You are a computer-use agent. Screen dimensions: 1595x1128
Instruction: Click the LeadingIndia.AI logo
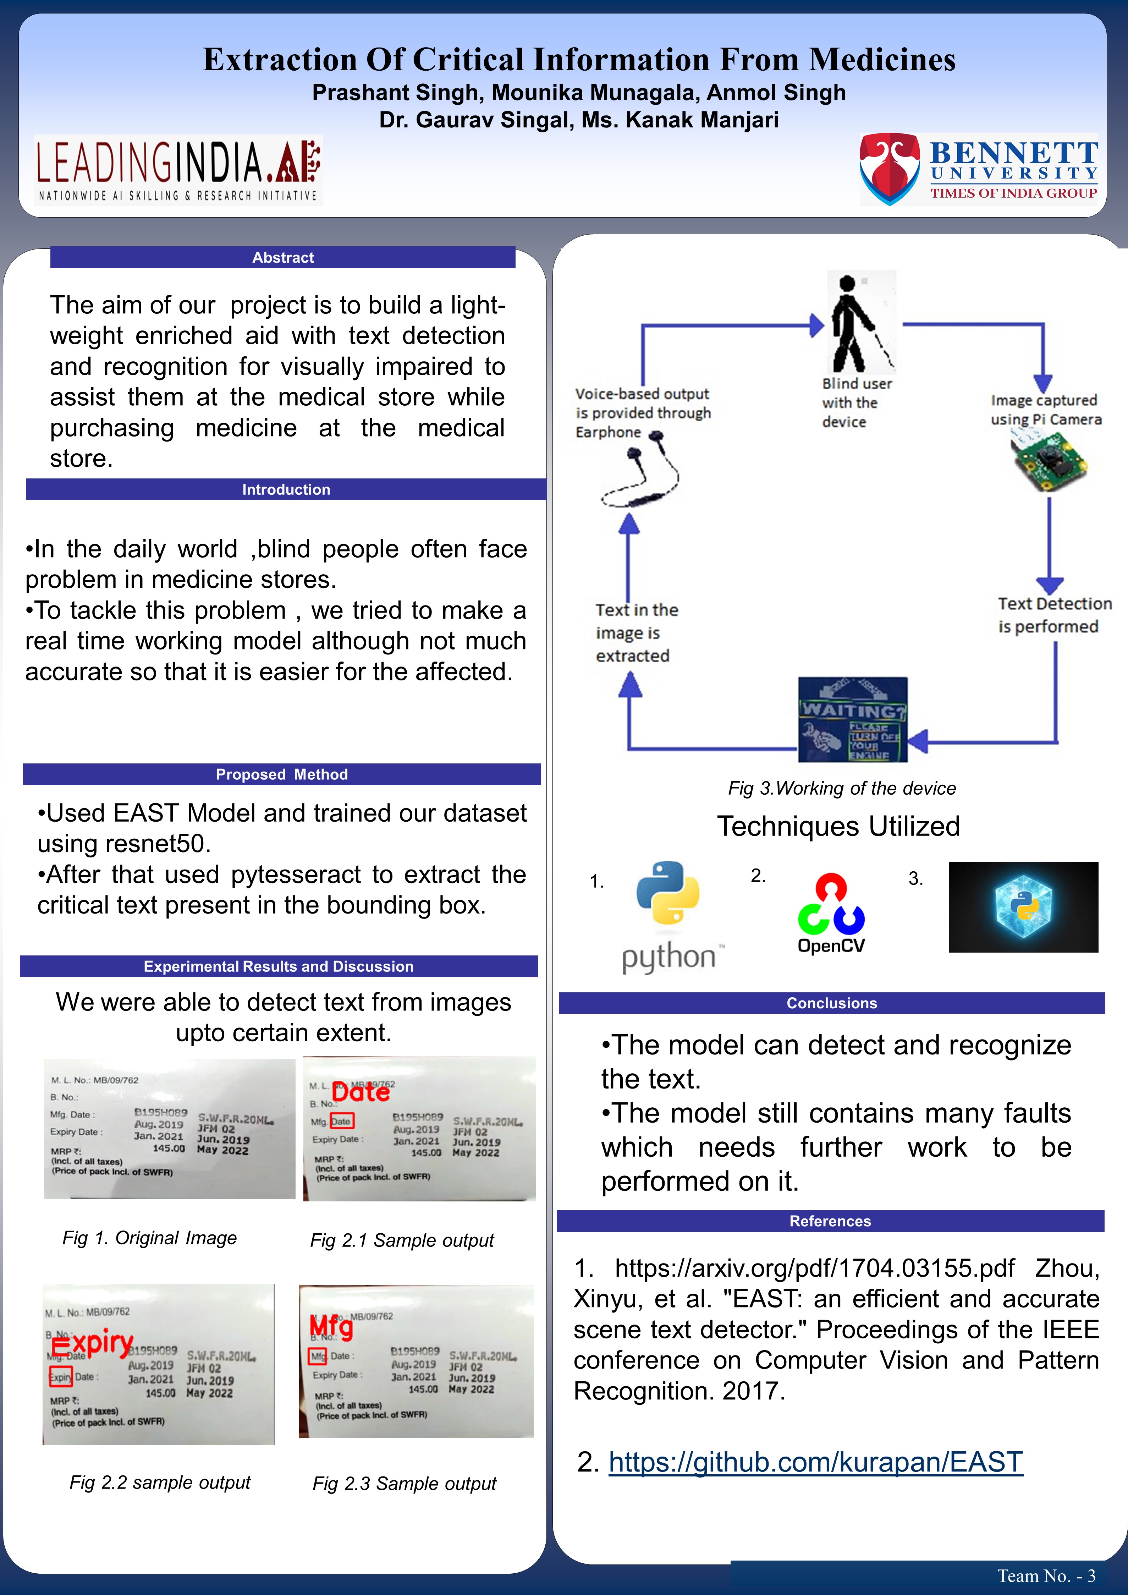(178, 170)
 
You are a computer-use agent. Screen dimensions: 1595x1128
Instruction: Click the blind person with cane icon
(858, 323)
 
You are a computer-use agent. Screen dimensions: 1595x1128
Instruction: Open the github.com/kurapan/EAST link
(815, 1462)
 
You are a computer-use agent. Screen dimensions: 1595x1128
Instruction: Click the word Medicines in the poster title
(882, 60)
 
